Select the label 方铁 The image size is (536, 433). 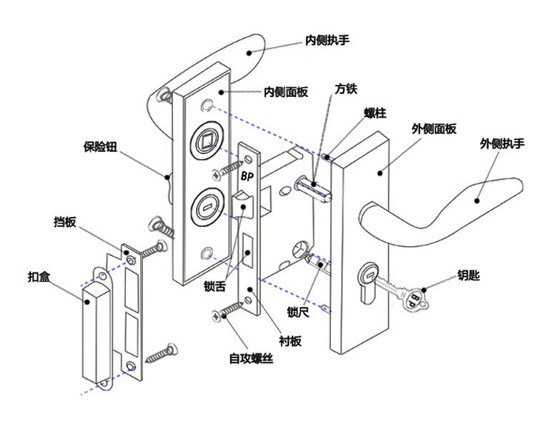tap(346, 90)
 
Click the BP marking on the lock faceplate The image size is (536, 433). tap(248, 175)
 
